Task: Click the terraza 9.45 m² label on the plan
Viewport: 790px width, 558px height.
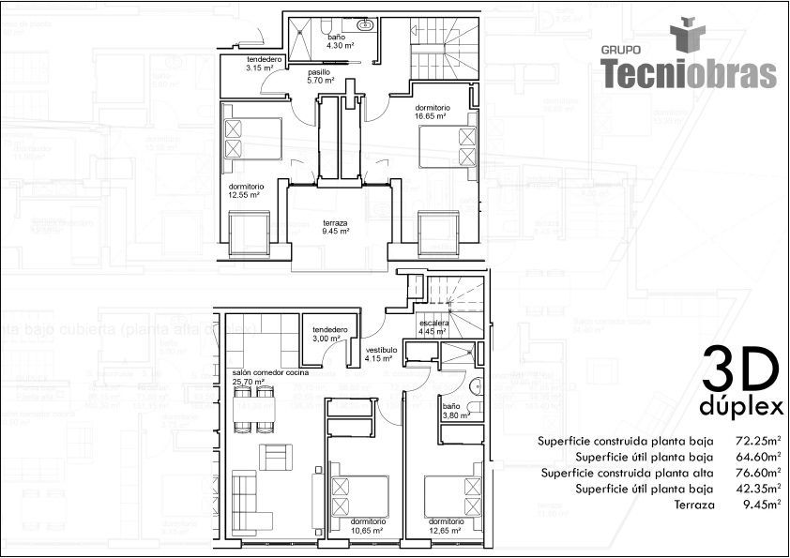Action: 335,227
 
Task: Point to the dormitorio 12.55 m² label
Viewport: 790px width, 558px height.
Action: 245,190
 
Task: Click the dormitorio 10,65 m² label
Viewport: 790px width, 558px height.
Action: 367,526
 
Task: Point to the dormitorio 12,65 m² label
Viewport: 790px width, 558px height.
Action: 447,526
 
